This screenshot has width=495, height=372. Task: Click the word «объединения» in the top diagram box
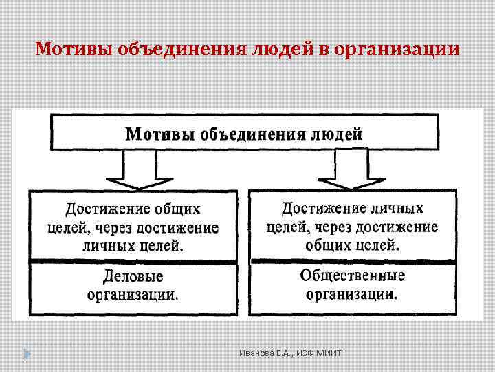(243, 133)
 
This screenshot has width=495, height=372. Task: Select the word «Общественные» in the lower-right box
(352, 276)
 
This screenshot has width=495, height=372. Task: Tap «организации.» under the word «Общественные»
(352, 294)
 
